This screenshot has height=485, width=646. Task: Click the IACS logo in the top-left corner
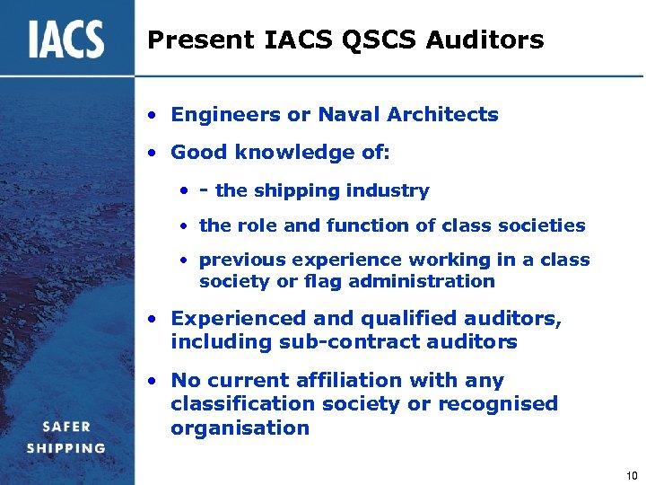(x=65, y=39)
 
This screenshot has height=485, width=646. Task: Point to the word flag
(x=330, y=282)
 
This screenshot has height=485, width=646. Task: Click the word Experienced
(x=233, y=319)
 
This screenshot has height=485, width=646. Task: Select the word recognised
(x=497, y=404)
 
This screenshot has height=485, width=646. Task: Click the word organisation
(x=240, y=428)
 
